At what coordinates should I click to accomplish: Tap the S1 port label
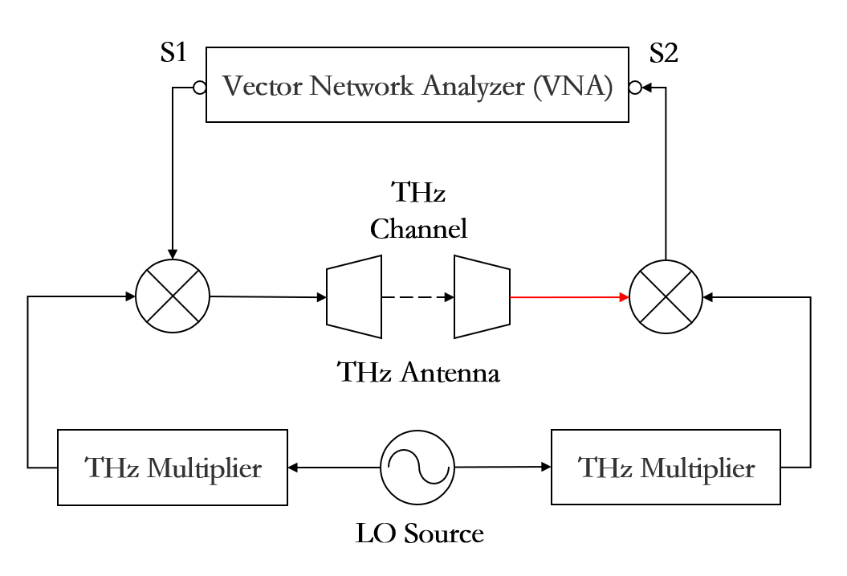tap(173, 52)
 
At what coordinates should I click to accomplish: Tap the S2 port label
tap(663, 53)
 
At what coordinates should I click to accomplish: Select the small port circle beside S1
tap(199, 88)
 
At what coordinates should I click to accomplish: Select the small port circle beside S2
tap(635, 87)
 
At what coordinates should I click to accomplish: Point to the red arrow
tap(569, 296)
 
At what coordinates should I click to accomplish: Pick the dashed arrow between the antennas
tap(417, 296)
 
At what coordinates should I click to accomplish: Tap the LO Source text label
tap(419, 534)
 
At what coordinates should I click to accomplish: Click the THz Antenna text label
tap(418, 372)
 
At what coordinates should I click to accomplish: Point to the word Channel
tap(418, 229)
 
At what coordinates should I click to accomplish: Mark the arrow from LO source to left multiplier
tap(334, 468)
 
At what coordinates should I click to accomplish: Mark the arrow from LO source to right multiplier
tap(503, 467)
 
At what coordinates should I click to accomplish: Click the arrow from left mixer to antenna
tap(268, 296)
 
